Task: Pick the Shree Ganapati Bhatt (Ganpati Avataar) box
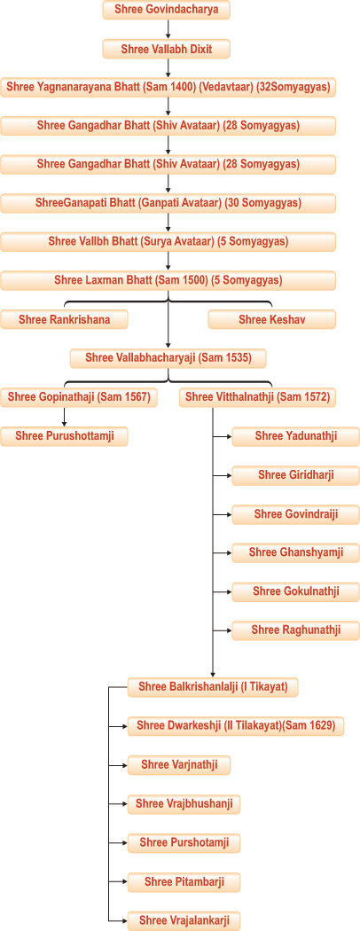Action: pos(168,203)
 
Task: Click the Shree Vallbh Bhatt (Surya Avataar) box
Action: pos(168,242)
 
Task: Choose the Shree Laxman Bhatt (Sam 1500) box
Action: pos(168,280)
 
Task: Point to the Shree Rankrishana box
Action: pos(64,319)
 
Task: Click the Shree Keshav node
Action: pos(272,319)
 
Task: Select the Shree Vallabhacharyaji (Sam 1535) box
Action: pos(168,358)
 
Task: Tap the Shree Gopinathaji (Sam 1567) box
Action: pos(79,397)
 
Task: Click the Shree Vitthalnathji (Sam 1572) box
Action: pos(257,397)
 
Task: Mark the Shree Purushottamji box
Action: pos(64,436)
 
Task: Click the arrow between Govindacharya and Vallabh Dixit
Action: pos(168,29)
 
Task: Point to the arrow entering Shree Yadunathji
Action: pos(223,437)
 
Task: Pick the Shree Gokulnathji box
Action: pos(296,592)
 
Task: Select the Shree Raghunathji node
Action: pos(296,630)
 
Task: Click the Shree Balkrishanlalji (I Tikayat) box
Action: pos(213,687)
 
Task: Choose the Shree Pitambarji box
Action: pos(184,881)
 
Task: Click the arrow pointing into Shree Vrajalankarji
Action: pos(118,919)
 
